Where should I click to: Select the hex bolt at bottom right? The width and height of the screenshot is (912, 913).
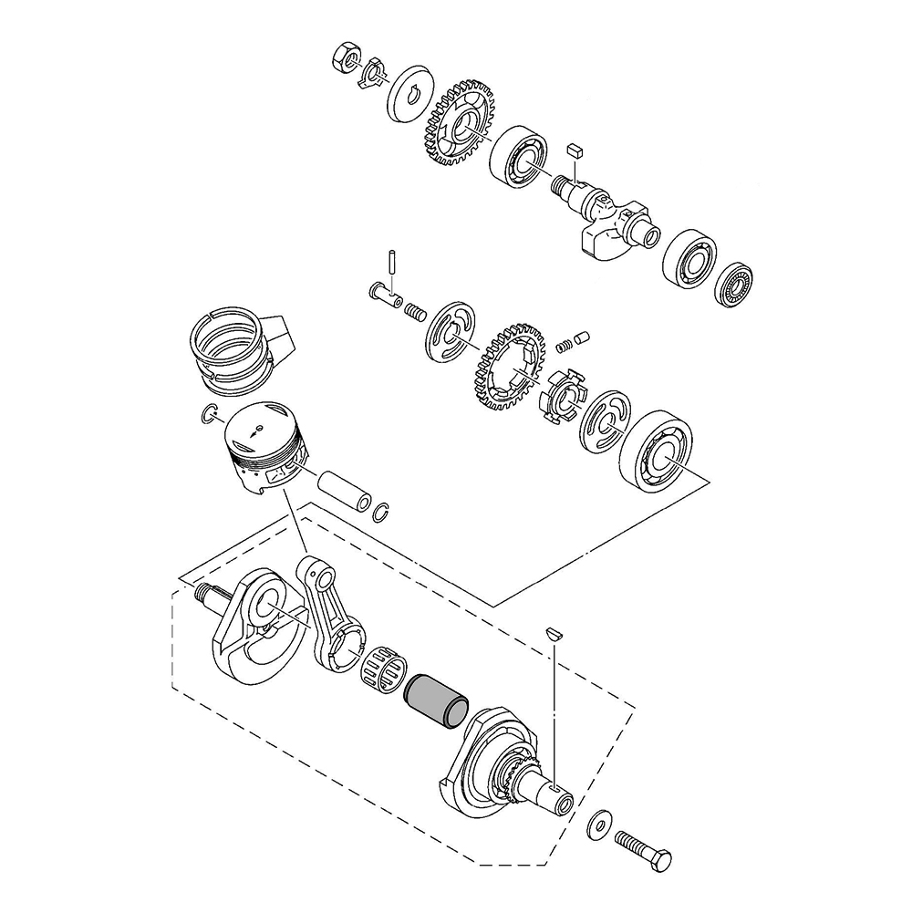tap(645, 849)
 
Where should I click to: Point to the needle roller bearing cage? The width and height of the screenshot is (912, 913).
tap(385, 669)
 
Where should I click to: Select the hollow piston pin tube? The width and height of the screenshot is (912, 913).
tap(347, 489)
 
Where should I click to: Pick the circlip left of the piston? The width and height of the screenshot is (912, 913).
tap(208, 415)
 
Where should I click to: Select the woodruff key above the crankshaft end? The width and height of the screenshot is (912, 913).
tap(553, 630)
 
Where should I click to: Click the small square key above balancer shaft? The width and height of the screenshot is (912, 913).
tap(574, 149)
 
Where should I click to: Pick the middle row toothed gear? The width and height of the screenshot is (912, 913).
tap(509, 370)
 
